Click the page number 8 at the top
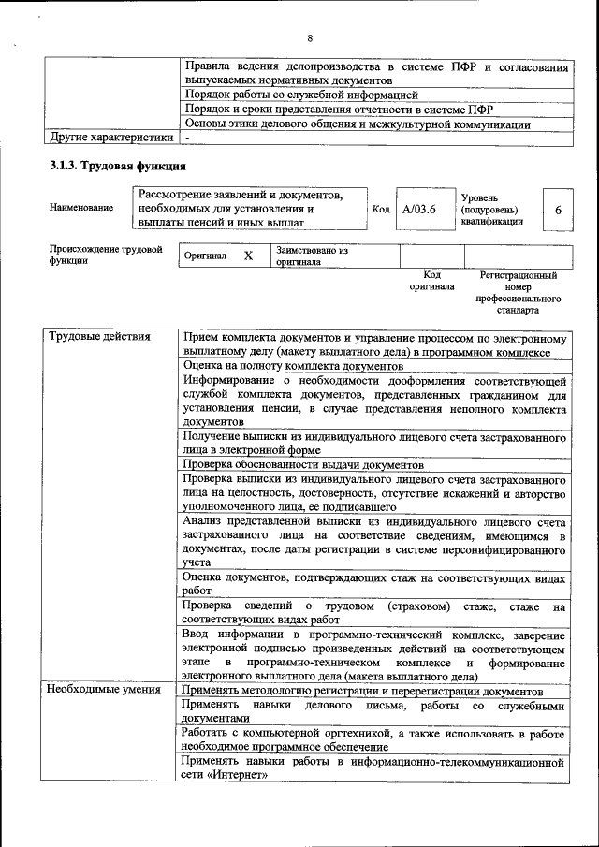click(309, 38)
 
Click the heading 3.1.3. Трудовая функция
click(118, 166)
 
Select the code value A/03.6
click(419, 210)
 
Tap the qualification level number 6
click(558, 211)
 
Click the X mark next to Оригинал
click(248, 256)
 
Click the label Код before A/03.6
click(381, 210)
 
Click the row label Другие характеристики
click(111, 138)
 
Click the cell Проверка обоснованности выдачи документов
click(303, 464)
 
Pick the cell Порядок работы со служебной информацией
click(300, 95)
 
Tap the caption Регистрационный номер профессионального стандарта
click(518, 293)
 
